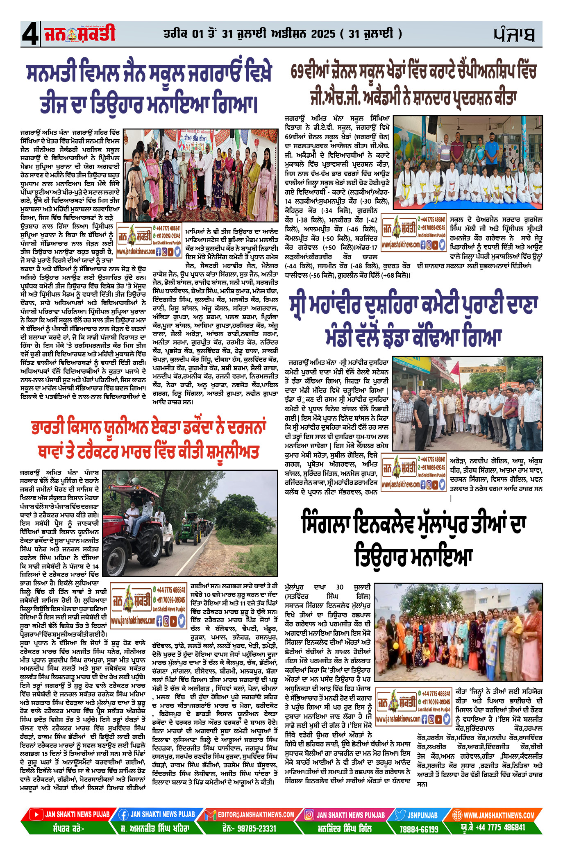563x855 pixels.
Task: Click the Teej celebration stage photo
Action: point(200,175)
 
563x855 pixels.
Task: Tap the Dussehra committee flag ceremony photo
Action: point(467,404)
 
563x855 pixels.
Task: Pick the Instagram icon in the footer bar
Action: point(309,815)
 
